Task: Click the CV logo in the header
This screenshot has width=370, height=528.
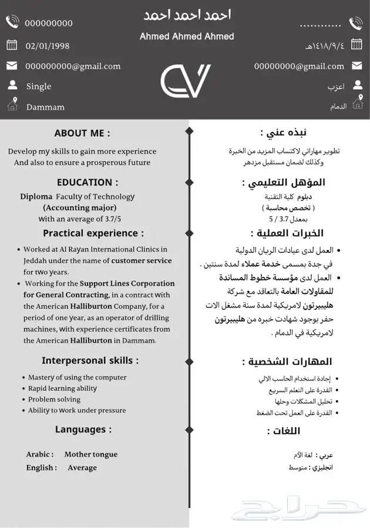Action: point(185,81)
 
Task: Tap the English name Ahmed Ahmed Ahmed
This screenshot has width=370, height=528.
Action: point(187,36)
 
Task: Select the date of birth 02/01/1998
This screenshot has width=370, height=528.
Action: point(48,46)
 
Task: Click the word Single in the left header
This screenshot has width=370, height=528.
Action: point(39,86)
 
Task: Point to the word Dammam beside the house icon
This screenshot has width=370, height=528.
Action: point(45,107)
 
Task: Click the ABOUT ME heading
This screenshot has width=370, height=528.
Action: point(82,133)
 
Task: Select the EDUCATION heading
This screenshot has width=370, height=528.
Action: point(88,182)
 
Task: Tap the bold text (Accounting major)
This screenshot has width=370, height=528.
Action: point(80,208)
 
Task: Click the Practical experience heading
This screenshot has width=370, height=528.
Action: point(93,233)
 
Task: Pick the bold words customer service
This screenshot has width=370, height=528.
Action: point(142,260)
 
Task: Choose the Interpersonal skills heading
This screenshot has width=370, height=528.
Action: point(90,360)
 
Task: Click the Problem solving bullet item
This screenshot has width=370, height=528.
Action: point(54,400)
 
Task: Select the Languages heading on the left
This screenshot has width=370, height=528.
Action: point(83,429)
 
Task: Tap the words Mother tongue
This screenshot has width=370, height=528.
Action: point(91,454)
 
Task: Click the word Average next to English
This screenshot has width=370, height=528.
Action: point(82,468)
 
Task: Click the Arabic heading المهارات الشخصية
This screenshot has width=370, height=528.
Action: point(287,361)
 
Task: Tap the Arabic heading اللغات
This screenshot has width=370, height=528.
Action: point(284,431)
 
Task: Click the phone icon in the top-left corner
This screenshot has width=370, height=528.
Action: point(12,22)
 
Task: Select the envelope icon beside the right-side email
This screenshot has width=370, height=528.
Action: point(356,66)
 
